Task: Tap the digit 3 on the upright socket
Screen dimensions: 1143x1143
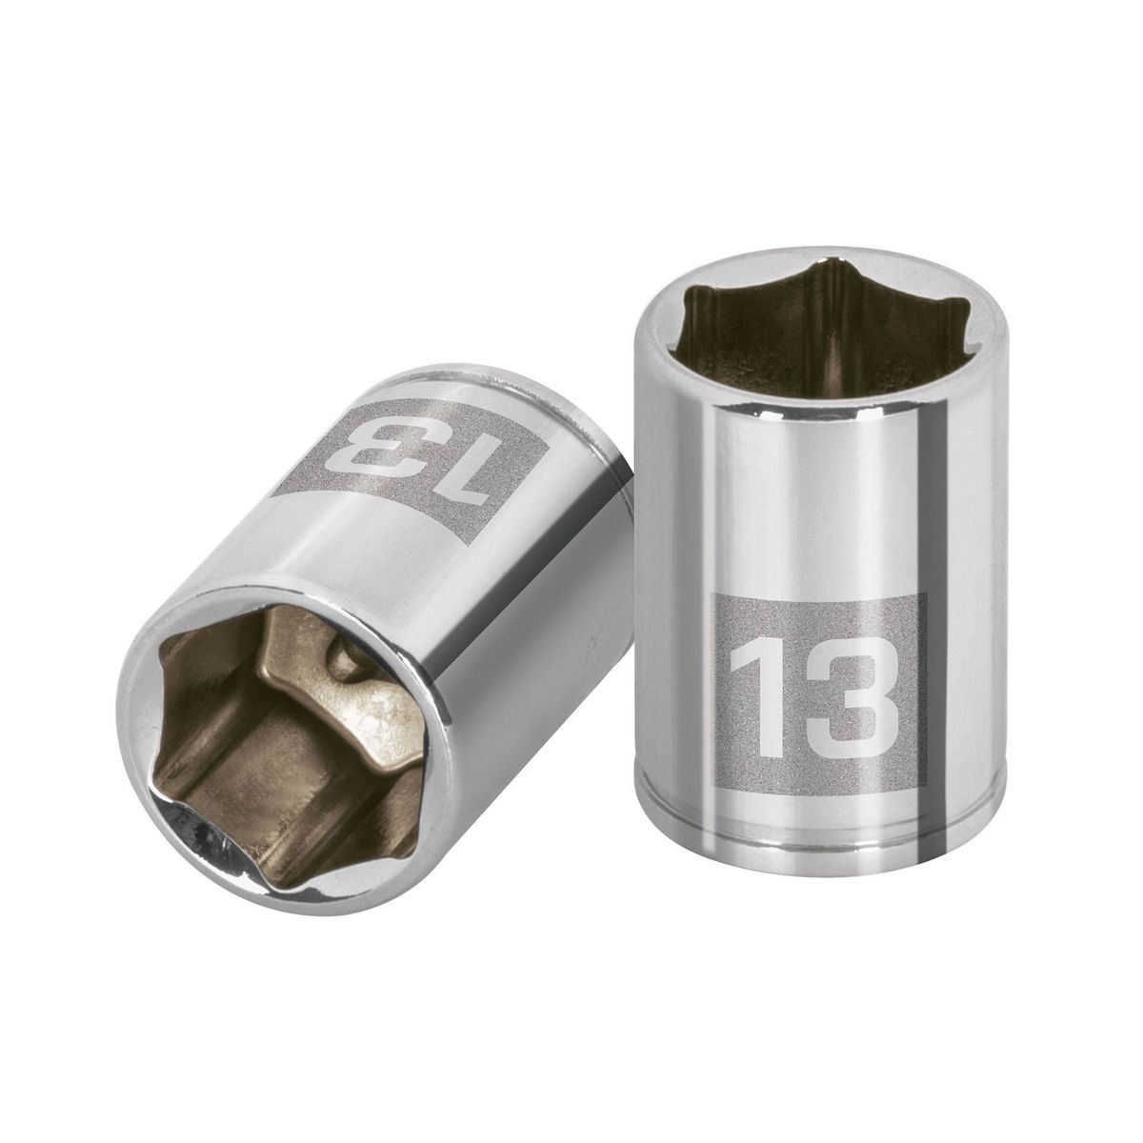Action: coord(850,689)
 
